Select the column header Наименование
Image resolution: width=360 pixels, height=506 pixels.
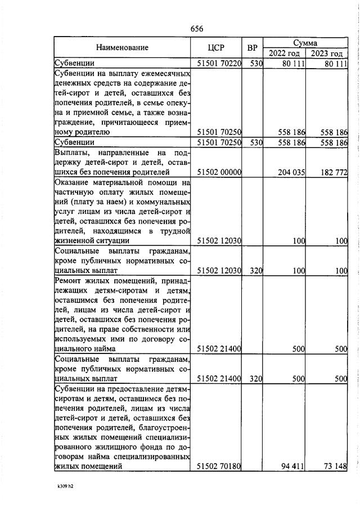(122, 48)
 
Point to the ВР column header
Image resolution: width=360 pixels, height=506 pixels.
(253, 48)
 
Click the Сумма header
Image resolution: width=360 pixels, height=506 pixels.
(305, 42)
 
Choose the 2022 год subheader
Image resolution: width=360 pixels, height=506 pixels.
(284, 53)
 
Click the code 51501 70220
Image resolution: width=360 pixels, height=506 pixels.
(219, 64)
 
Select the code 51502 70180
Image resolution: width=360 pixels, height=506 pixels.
(219, 467)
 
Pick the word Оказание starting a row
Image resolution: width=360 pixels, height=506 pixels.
(73, 182)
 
